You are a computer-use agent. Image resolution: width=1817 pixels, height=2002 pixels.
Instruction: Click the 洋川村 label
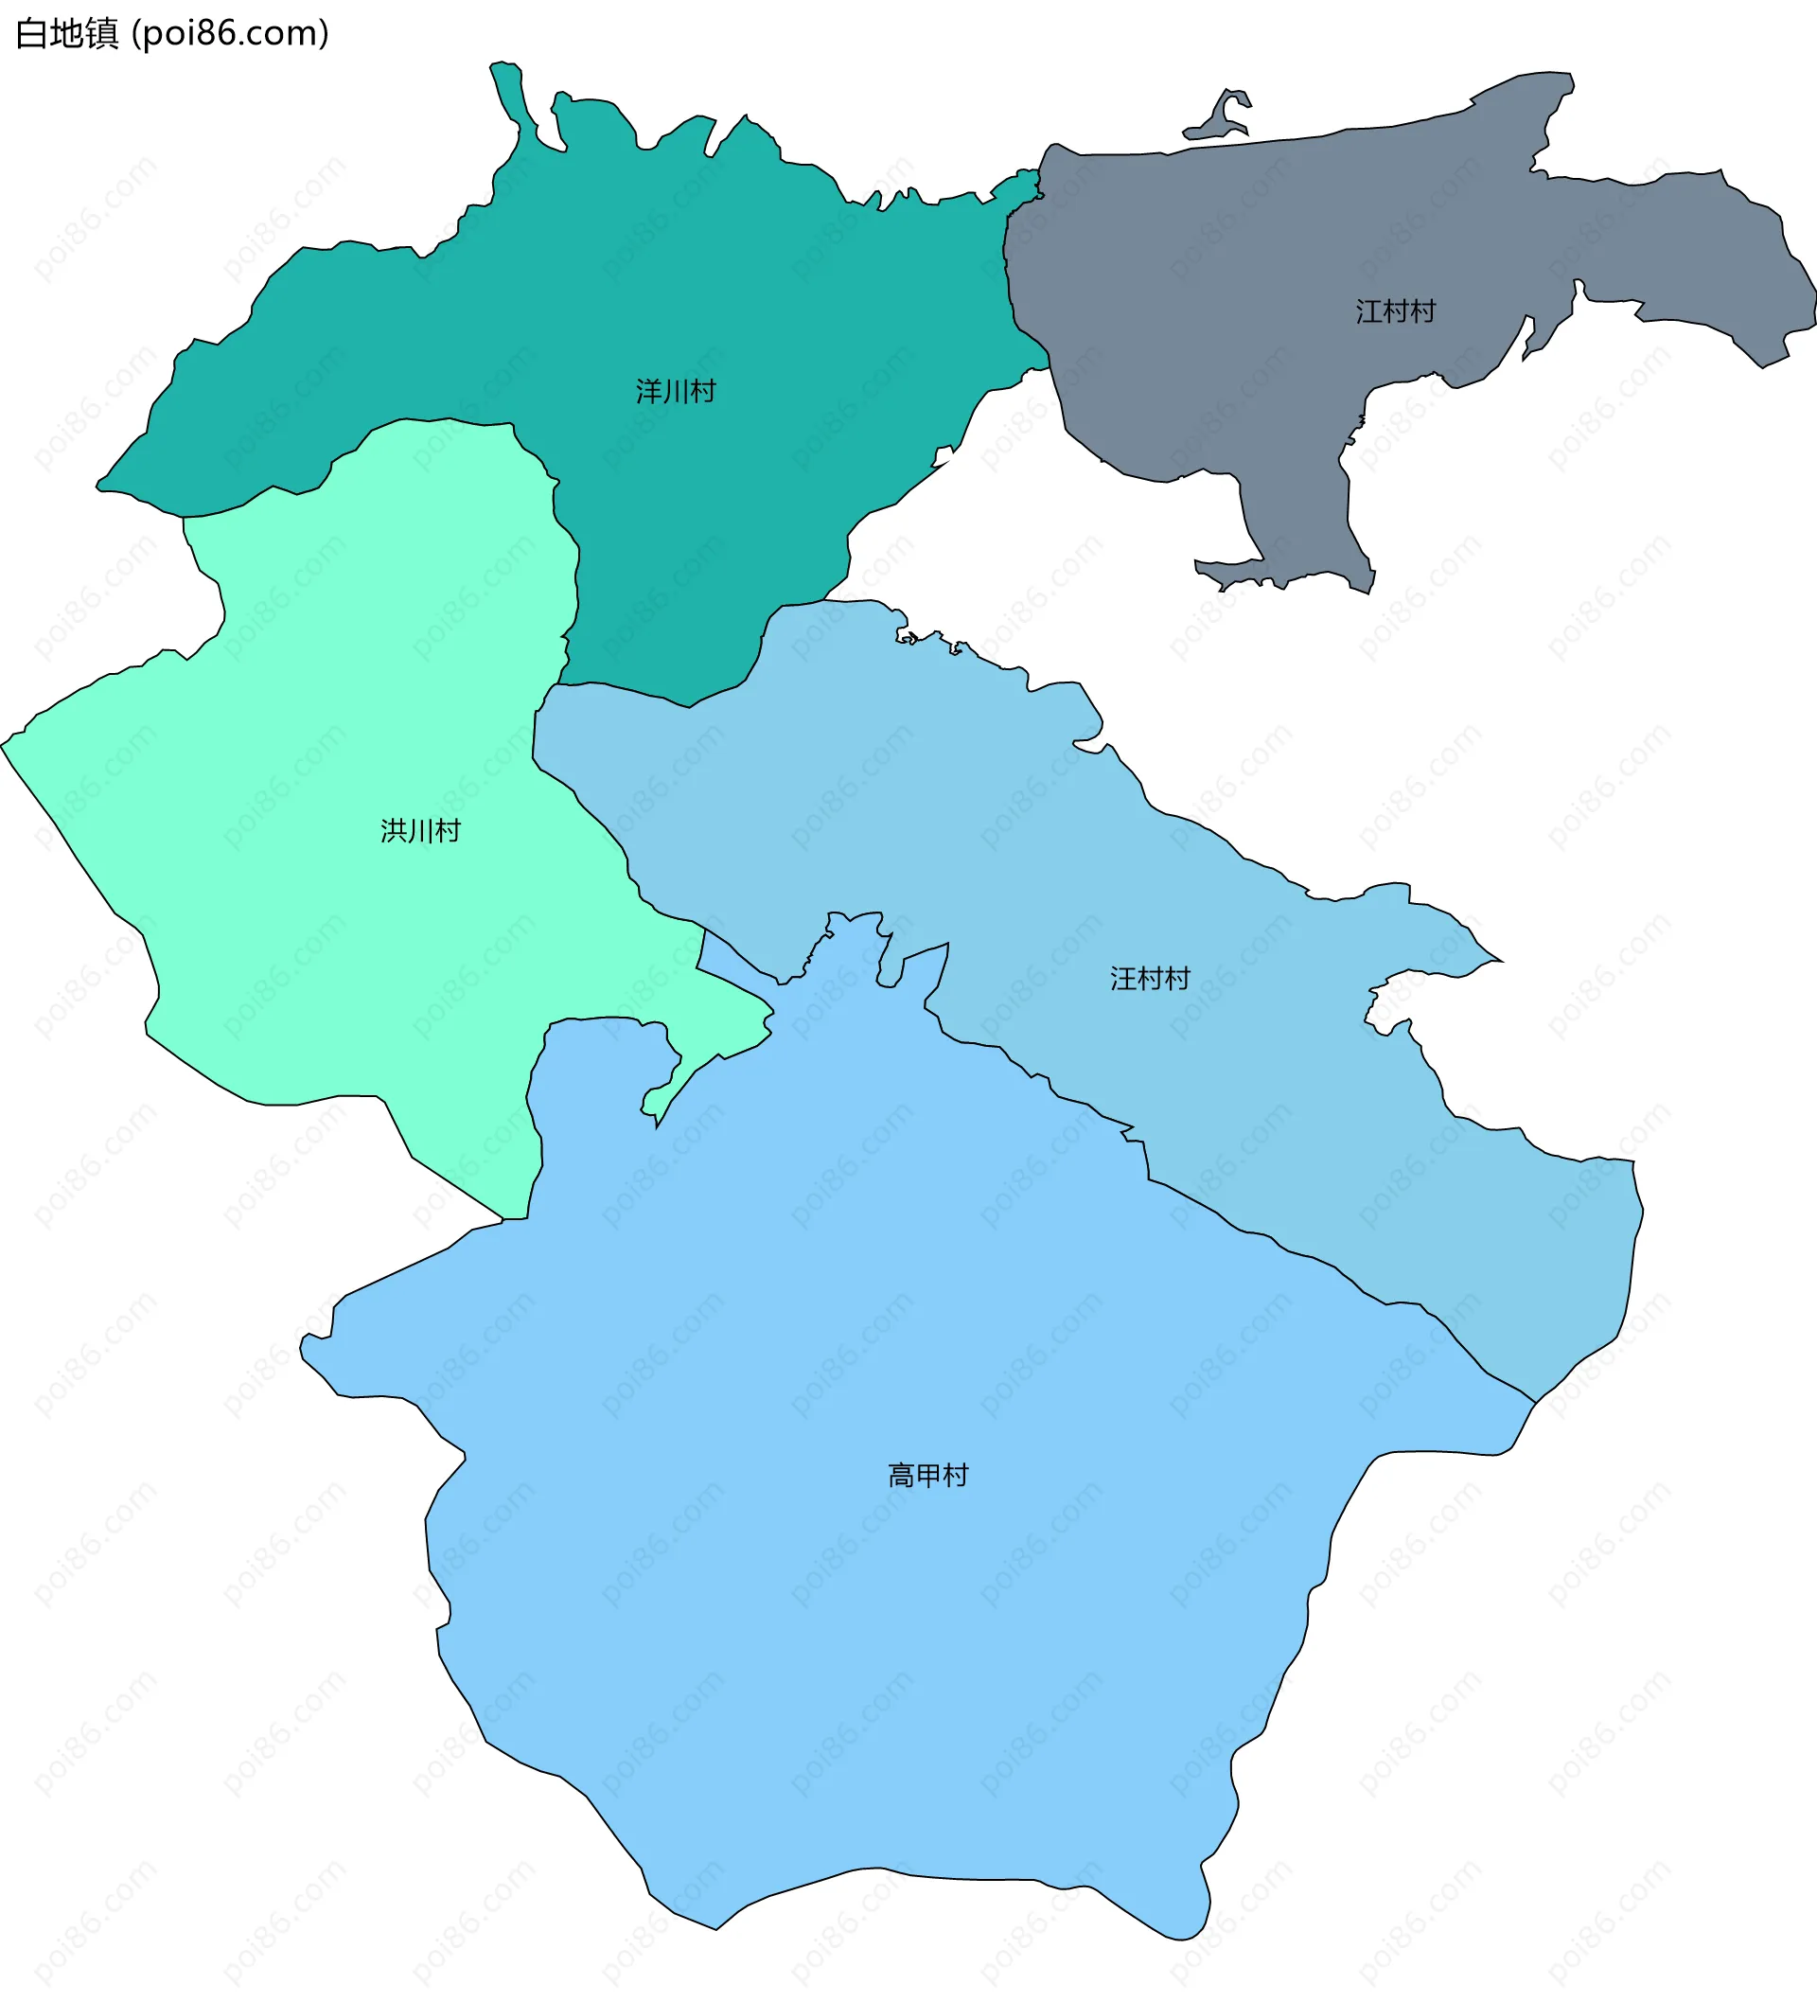[x=675, y=391]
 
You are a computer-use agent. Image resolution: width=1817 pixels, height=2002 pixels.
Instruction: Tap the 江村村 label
[x=1395, y=311]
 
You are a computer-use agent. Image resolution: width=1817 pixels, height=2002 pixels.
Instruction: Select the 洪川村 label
[x=420, y=830]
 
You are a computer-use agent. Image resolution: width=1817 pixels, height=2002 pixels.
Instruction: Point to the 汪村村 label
[x=1150, y=979]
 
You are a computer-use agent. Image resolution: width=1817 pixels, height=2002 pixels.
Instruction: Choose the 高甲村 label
[x=927, y=1476]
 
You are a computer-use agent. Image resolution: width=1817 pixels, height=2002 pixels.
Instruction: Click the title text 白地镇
[x=66, y=34]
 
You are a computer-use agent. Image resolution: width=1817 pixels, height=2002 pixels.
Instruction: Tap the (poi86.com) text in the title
[x=230, y=34]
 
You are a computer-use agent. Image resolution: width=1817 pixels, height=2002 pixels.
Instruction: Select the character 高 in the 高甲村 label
[x=901, y=1476]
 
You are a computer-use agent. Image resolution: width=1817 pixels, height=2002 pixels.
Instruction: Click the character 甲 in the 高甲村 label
[x=927, y=1476]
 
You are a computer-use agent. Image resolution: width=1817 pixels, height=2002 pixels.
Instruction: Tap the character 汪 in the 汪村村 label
[x=1123, y=979]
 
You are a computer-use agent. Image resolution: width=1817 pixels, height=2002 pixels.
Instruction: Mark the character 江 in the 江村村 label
[x=1368, y=311]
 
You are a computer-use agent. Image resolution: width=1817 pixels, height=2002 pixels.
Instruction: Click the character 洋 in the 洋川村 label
[x=648, y=391]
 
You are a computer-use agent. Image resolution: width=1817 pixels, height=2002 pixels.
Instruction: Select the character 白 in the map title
[x=32, y=34]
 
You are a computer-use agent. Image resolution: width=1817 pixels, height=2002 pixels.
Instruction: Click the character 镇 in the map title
[x=101, y=34]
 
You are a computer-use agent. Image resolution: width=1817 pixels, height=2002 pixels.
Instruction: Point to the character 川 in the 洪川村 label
[x=420, y=830]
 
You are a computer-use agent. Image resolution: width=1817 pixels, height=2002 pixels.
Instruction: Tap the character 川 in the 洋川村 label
[x=675, y=391]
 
